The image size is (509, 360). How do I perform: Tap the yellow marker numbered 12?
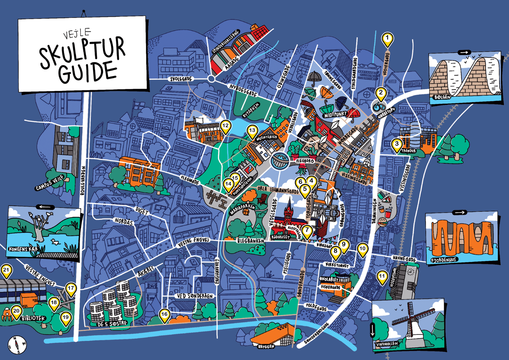point(225,127)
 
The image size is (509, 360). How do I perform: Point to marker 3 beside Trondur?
point(396,145)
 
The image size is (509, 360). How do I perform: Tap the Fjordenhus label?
point(444,261)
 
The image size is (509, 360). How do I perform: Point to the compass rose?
point(17,345)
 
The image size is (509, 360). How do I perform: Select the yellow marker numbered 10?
point(362,249)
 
